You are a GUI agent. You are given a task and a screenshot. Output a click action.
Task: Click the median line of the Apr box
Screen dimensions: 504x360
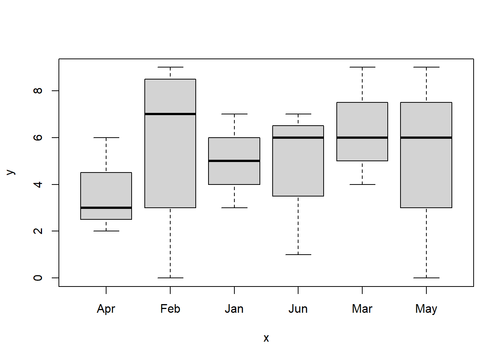point(106,208)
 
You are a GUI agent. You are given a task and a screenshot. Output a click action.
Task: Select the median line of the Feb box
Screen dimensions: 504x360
point(170,114)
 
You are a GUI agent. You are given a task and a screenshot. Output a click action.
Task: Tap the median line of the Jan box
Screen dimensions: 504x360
point(234,161)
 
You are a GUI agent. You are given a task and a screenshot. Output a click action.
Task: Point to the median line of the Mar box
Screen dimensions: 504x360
point(362,138)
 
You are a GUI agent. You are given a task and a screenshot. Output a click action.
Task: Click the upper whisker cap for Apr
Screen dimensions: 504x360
point(106,138)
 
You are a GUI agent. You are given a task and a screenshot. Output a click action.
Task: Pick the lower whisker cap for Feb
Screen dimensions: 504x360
point(170,278)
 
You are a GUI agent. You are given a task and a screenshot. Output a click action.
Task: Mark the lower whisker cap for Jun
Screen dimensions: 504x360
point(298,255)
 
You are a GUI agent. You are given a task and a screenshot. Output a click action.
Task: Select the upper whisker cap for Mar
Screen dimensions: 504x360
point(362,67)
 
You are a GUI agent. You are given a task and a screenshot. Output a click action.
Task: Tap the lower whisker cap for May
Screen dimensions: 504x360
point(426,278)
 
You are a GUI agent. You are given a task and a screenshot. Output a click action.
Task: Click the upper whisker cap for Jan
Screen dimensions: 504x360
point(234,114)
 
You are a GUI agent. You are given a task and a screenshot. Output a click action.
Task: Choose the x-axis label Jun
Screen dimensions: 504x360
point(298,309)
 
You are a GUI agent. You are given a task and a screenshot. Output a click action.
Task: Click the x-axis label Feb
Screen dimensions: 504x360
point(170,309)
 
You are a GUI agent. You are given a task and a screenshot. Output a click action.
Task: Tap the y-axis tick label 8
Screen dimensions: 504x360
point(37,91)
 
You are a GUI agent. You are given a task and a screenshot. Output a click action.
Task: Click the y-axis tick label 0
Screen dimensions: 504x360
point(37,278)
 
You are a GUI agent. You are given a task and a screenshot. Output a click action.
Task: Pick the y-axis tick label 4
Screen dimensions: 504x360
point(37,184)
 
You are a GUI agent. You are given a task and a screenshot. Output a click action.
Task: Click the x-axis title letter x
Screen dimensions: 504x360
point(266,338)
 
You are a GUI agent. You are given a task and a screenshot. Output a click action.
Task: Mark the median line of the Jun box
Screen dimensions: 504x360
point(298,138)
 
